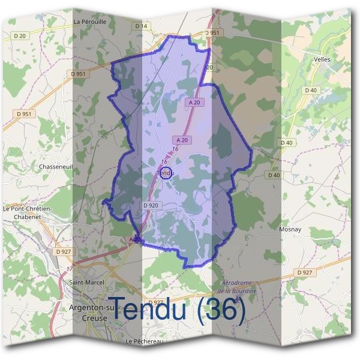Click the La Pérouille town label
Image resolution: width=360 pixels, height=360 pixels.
point(89,21)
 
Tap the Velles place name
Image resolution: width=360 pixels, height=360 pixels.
point(322,59)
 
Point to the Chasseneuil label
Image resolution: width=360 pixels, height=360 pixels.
point(56,167)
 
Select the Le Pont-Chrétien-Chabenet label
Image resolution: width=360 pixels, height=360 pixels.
point(27,212)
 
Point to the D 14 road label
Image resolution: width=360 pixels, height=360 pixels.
point(141,26)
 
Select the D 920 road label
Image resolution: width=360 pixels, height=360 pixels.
point(151,205)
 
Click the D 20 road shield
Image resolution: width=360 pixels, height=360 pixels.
point(20,36)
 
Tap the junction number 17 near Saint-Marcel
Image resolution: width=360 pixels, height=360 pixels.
point(70,268)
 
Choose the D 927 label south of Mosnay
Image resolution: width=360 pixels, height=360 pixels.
point(305,272)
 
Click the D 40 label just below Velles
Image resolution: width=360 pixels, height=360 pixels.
point(310,91)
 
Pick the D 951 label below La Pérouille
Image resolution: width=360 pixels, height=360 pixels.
point(78,74)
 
